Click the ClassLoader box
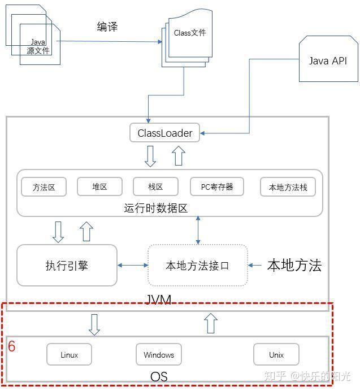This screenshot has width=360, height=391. click(164, 133)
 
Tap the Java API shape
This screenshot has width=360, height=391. click(328, 59)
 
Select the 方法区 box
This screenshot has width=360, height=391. click(44, 187)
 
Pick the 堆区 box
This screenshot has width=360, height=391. click(99, 186)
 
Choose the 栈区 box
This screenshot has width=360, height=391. click(155, 186)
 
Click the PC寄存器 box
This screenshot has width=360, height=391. click(217, 186)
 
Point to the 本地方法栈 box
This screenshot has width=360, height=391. click(288, 187)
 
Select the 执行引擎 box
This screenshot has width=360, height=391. click(67, 265)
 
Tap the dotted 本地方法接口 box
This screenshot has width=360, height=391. click(198, 266)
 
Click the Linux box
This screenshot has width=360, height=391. click(69, 354)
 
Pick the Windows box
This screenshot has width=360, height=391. click(159, 354)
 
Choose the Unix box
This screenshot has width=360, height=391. click(276, 354)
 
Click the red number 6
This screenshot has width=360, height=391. click(11, 346)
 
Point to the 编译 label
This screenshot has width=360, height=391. click(107, 27)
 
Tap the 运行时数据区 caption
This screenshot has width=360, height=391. click(155, 208)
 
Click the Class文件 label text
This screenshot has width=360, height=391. click(190, 33)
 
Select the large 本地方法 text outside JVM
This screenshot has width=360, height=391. click(294, 265)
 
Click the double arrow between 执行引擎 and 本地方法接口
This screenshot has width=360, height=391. click(132, 266)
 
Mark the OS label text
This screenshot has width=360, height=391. click(159, 376)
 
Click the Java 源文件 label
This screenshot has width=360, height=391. click(38, 47)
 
